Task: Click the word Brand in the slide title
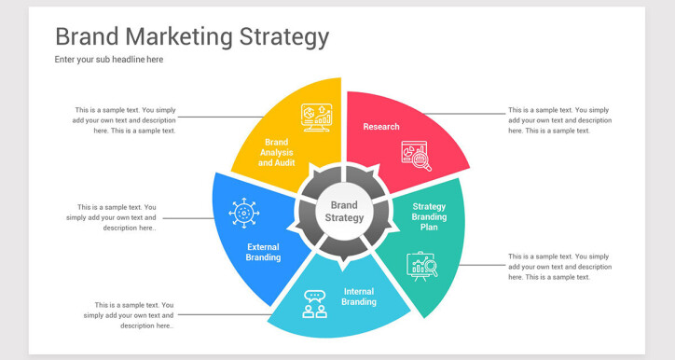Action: (87, 36)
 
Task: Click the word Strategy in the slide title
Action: (284, 37)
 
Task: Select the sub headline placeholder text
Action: (109, 60)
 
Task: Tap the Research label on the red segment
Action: (381, 126)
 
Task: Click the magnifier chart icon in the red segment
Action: (416, 156)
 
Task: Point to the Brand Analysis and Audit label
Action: (277, 152)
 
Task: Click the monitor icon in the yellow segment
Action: (316, 117)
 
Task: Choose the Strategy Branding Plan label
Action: (429, 216)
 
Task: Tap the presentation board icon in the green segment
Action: (421, 266)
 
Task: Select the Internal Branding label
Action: (359, 297)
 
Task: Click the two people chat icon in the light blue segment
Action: (315, 304)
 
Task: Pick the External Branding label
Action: (263, 252)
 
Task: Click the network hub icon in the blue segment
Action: (243, 213)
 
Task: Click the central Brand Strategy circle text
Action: (343, 212)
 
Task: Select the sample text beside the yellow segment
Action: (126, 120)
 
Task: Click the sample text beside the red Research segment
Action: (559, 120)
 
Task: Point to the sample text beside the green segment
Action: (559, 267)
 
